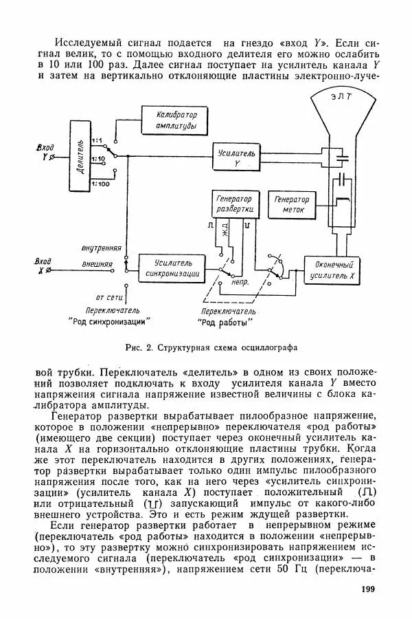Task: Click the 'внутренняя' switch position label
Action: pyautogui.click(x=101, y=246)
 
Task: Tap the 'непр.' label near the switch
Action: pyautogui.click(x=241, y=281)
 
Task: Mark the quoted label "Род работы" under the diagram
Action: pyautogui.click(x=225, y=321)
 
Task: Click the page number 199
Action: pyautogui.click(x=369, y=589)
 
